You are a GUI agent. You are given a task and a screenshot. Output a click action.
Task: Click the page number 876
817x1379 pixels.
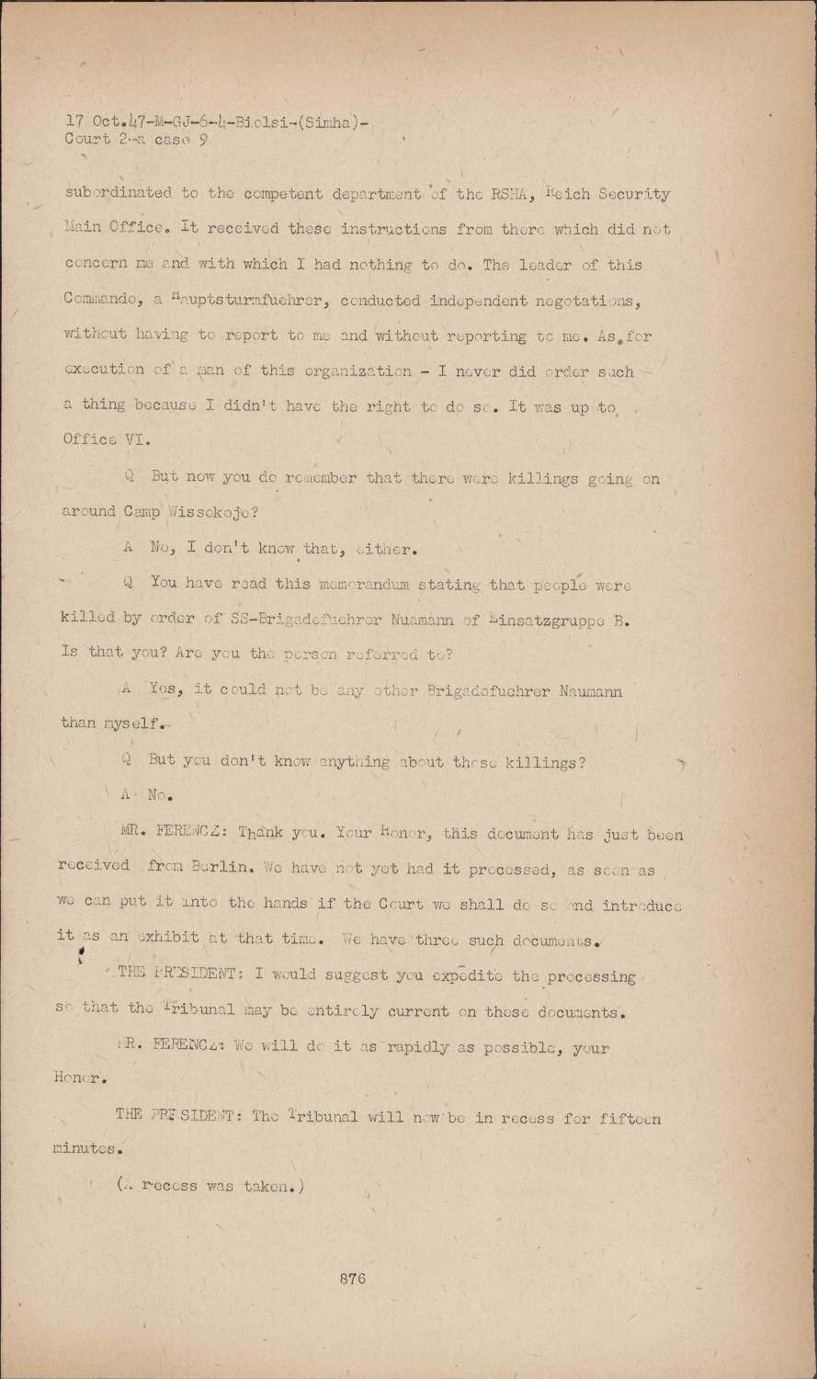(x=353, y=1278)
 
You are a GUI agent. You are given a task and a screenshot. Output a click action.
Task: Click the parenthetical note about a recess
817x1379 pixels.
(x=210, y=1186)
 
